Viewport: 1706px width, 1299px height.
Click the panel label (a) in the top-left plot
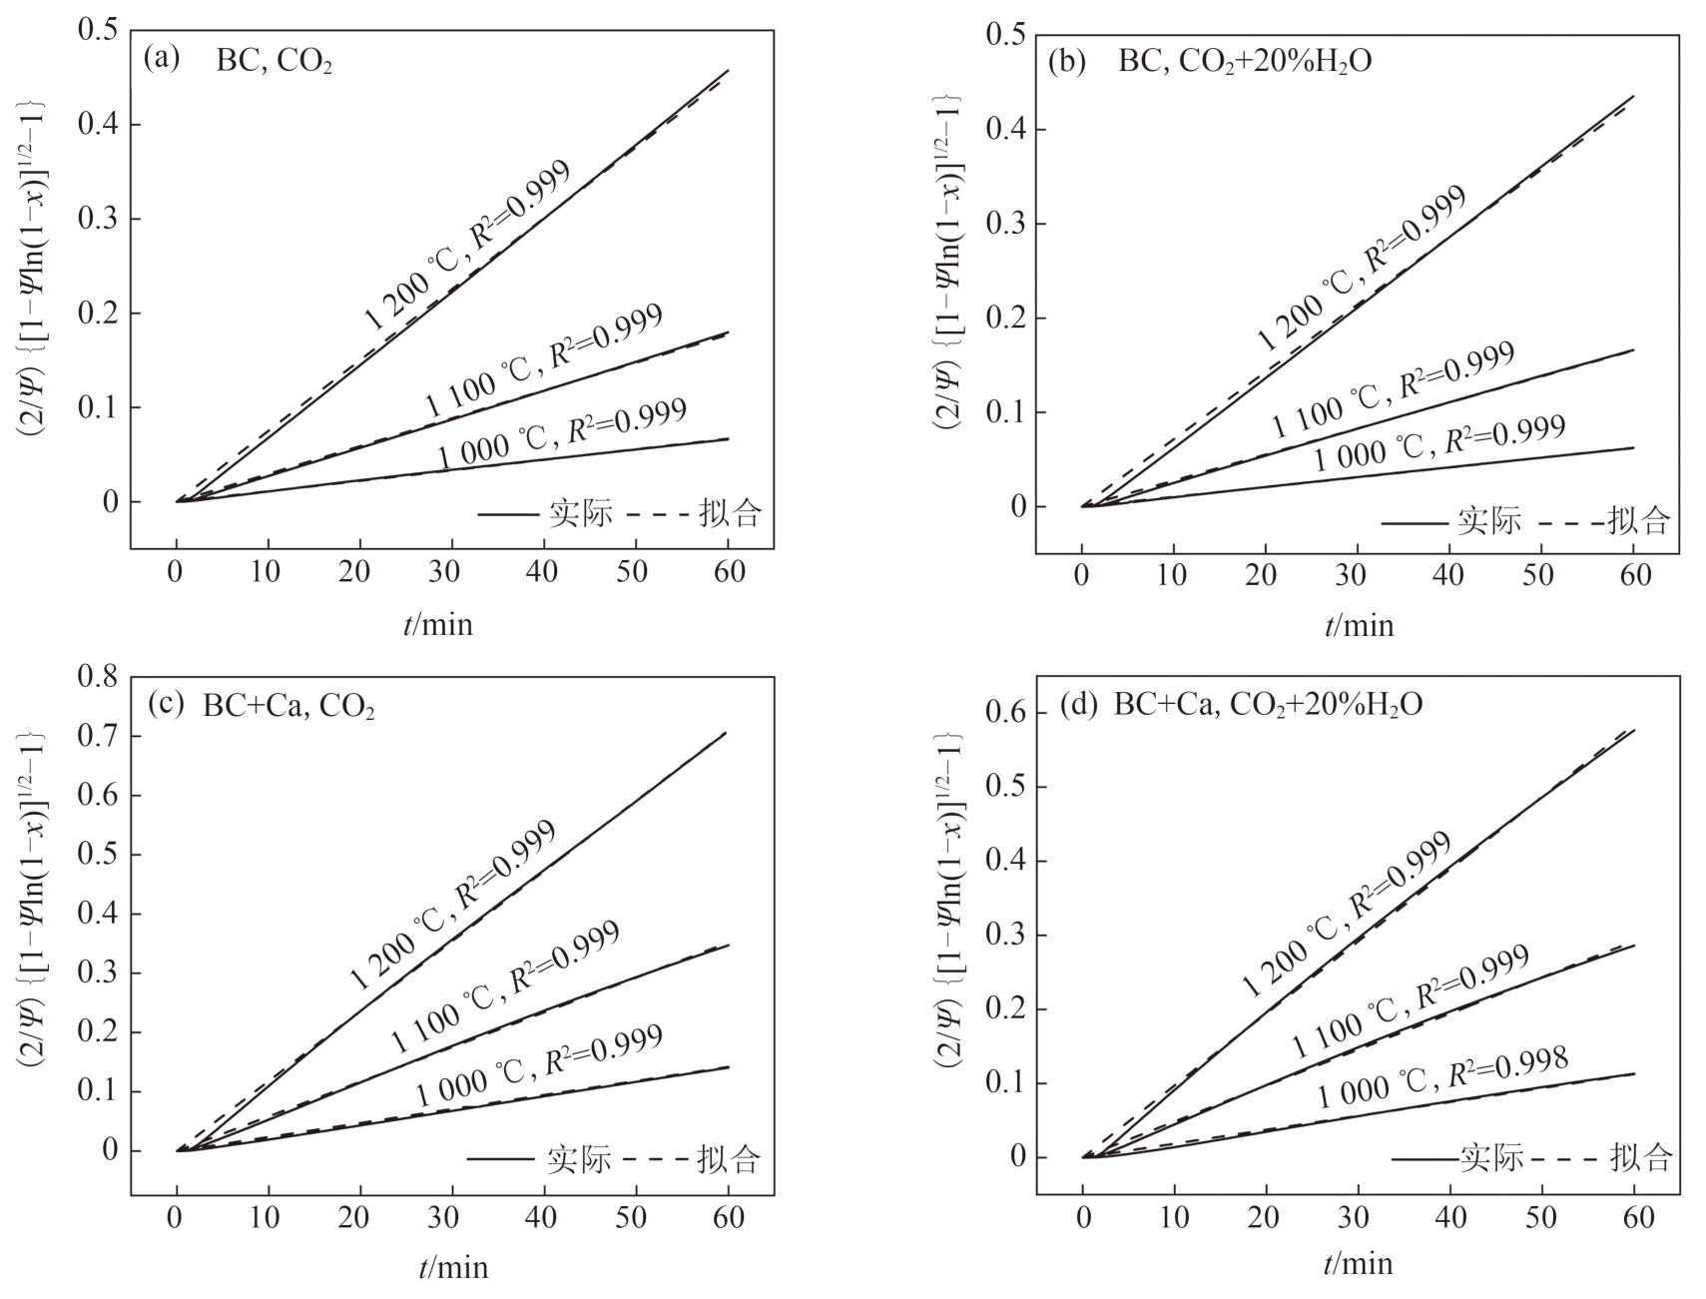162,58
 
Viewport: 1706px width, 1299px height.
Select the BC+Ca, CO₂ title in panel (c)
288,706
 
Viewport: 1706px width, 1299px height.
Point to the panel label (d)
1079,704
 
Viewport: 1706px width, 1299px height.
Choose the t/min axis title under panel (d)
1358,1264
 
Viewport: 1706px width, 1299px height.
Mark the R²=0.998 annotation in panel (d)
1507,1067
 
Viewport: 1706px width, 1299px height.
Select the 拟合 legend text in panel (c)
730,1159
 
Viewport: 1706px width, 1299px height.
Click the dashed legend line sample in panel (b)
1570,522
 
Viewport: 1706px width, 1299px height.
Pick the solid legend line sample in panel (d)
1425,1159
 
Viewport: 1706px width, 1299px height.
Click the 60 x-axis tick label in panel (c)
729,1218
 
